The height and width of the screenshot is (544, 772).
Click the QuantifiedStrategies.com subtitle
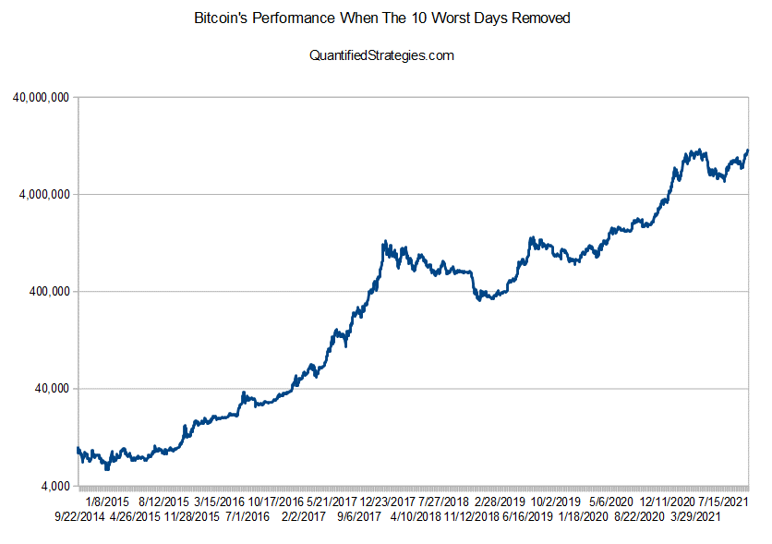(x=382, y=55)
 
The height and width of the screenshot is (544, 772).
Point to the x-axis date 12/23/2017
(x=387, y=502)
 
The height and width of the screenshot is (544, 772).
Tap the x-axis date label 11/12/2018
(x=471, y=516)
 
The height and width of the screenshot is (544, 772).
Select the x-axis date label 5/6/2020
(x=609, y=502)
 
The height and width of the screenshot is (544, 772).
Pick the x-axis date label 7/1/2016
(x=247, y=516)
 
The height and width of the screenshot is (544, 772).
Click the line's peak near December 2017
(x=383, y=243)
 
